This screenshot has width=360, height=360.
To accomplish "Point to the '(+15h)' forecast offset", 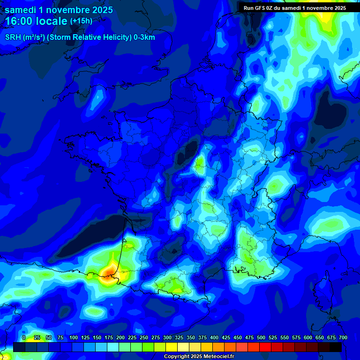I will click(81, 21).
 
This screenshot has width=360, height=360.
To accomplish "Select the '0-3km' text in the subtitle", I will click(144, 37).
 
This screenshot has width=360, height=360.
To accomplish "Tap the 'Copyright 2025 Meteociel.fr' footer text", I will click(199, 357).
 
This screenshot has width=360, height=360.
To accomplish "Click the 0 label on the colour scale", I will click(24, 338).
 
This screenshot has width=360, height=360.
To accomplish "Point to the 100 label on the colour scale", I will click(73, 338).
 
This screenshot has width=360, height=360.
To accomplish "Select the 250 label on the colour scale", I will click(144, 338).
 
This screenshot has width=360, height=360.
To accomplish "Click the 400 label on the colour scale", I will click(214, 338).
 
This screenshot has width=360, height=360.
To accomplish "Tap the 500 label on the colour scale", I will click(261, 338).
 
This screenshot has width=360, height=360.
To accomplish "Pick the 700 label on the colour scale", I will click(343, 338).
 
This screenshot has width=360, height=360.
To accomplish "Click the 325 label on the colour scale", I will click(179, 338).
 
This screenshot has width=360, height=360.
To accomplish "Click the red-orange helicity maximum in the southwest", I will click(109, 271).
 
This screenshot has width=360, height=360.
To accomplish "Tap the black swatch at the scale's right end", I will click(336, 347).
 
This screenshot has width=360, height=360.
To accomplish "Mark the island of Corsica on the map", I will click(322, 291).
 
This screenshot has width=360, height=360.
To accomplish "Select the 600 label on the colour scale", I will click(308, 338).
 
